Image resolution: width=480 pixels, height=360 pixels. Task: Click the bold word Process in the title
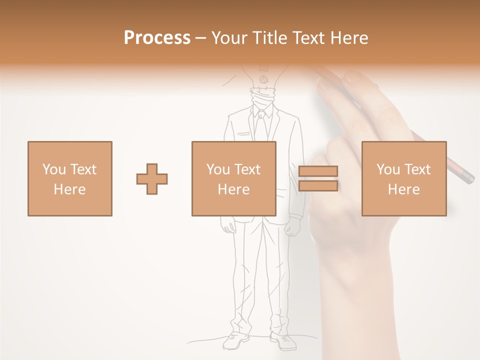pos(157,38)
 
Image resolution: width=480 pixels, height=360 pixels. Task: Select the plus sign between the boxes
pos(152,179)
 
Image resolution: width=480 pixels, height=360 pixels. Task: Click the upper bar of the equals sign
pos(318,171)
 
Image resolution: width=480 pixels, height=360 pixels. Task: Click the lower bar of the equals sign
pos(318,186)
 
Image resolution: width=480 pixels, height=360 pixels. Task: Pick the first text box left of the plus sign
pos(70,179)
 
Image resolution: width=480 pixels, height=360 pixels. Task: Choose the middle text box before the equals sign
pos(234,179)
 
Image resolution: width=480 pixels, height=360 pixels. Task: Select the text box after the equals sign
pos(404,179)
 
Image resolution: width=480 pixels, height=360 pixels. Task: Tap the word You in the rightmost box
pos(388,169)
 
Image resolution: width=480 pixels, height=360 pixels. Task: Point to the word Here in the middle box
pos(234,189)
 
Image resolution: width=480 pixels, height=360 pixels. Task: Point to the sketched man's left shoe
pos(235,341)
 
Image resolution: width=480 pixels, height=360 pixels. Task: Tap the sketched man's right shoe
pos(283,341)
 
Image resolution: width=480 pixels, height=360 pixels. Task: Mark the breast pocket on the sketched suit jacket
pos(244,134)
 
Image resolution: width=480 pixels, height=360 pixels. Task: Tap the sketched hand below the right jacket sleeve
pos(293,228)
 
